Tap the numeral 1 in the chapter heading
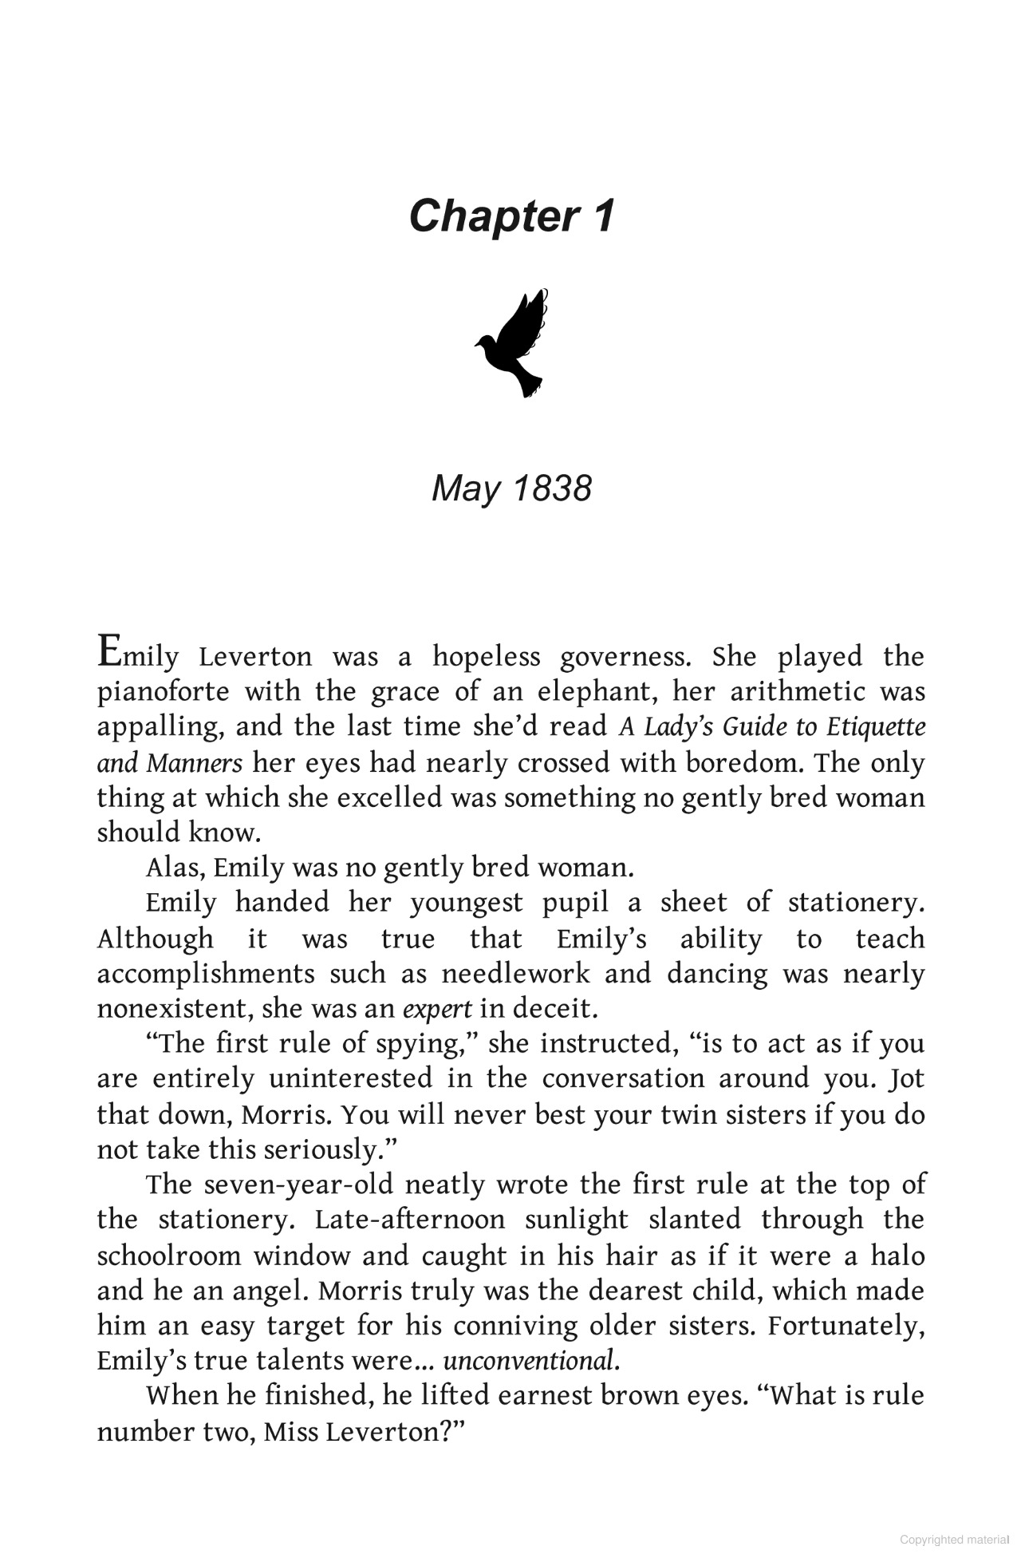[x=604, y=216]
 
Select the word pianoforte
[x=163, y=692]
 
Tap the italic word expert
[x=438, y=1010]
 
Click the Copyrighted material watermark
[x=954, y=1540]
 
